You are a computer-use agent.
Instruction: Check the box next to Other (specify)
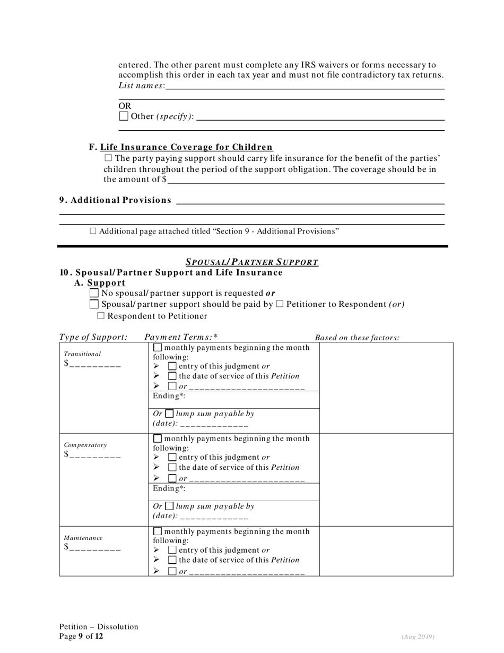pyautogui.click(x=124, y=116)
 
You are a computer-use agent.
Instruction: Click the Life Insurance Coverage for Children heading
pyautogui.click(x=186, y=147)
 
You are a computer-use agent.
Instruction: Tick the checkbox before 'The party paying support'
pyautogui.click(x=108, y=158)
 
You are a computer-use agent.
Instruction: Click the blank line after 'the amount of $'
pyautogui.click(x=306, y=179)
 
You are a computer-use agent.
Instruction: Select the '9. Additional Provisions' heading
pyautogui.click(x=115, y=200)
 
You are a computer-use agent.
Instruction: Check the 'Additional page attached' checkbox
pyautogui.click(x=93, y=231)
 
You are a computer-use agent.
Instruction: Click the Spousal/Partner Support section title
pyautogui.click(x=251, y=262)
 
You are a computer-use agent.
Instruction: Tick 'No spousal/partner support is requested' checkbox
pyautogui.click(x=94, y=293)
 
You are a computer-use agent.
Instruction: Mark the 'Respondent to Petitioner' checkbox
pyautogui.click(x=101, y=316)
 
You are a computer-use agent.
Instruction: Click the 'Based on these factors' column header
pyautogui.click(x=357, y=338)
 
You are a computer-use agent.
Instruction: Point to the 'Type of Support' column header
pyautogui.click(x=93, y=337)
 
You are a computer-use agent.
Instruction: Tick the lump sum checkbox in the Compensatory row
pyautogui.click(x=169, y=506)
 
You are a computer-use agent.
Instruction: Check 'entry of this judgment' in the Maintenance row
pyautogui.click(x=172, y=550)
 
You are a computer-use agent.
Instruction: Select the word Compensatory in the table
pyautogui.click(x=85, y=445)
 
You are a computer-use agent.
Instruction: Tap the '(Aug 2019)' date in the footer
pyautogui.click(x=418, y=636)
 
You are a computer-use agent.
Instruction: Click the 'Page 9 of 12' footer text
pyautogui.click(x=81, y=636)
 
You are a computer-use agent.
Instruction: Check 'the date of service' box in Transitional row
pyautogui.click(x=172, y=376)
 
